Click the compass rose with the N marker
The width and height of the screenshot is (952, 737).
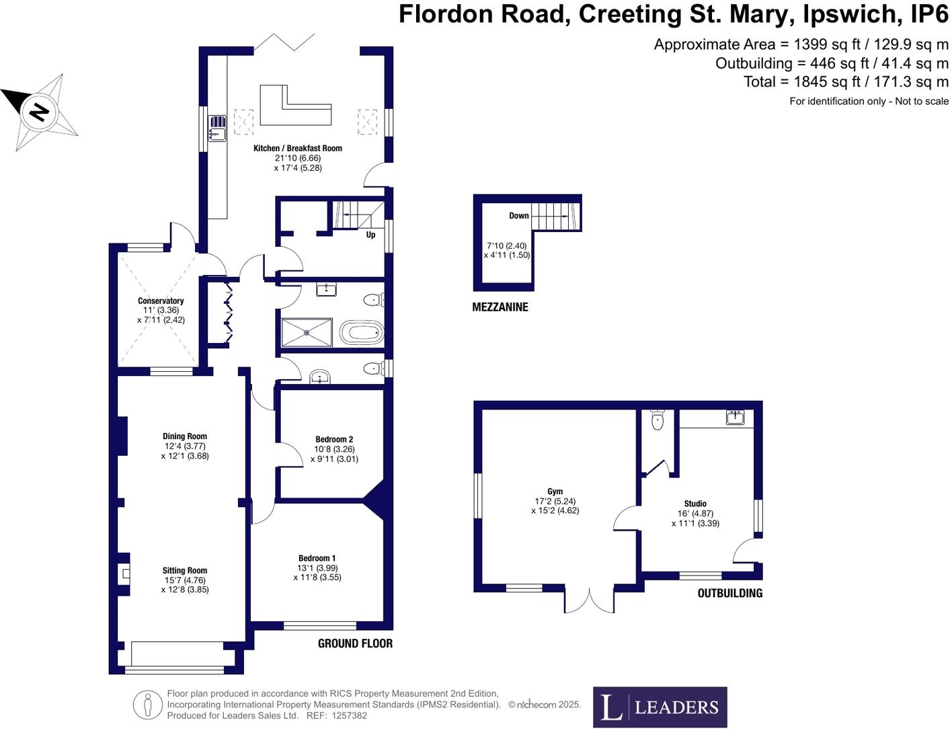pyautogui.click(x=41, y=111)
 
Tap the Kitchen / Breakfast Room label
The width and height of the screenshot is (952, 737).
pyautogui.click(x=297, y=148)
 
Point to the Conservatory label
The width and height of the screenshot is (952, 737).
pyautogui.click(x=161, y=301)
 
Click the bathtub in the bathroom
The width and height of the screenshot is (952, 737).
pyautogui.click(x=361, y=332)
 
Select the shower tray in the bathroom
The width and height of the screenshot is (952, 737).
pyautogui.click(x=307, y=332)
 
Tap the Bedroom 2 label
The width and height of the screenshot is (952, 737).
pyautogui.click(x=334, y=439)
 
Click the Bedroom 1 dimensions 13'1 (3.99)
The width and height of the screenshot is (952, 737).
pyautogui.click(x=317, y=568)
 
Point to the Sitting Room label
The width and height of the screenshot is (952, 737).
pyautogui.click(x=184, y=570)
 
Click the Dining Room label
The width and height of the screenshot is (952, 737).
pyautogui.click(x=185, y=436)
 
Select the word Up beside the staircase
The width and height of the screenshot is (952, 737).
pyautogui.click(x=370, y=235)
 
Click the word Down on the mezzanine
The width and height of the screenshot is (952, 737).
pyautogui.click(x=518, y=216)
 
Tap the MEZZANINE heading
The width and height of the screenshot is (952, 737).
pyautogui.click(x=500, y=307)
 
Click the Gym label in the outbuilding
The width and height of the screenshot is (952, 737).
pyautogui.click(x=555, y=492)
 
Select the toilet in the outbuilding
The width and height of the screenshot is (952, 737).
pyautogui.click(x=658, y=420)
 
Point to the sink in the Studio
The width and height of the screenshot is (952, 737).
pyautogui.click(x=736, y=418)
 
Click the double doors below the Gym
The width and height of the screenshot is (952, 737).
pyautogui.click(x=589, y=600)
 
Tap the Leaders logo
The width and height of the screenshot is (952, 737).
pyautogui.click(x=660, y=707)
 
